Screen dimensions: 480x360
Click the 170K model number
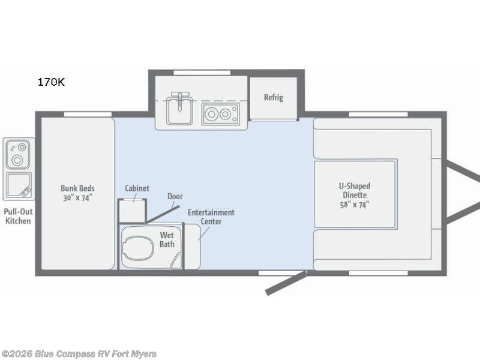51,82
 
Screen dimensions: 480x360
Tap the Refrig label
274,97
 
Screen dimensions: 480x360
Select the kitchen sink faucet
179,100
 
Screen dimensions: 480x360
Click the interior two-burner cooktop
220,114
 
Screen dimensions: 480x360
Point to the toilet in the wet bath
138,247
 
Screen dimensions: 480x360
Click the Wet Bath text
167,239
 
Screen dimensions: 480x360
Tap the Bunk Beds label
77,188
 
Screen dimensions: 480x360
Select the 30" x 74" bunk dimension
77,198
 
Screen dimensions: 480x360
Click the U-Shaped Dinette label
355,190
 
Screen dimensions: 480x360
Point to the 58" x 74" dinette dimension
355,205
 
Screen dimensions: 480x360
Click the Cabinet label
137,188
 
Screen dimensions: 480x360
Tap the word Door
175,196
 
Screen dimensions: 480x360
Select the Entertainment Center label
211,217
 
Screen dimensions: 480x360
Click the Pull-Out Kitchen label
18,216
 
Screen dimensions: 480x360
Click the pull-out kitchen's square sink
19,185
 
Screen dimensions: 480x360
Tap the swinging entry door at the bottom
286,283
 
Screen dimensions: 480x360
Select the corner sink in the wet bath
176,262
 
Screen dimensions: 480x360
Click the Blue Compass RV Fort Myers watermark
79,354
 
